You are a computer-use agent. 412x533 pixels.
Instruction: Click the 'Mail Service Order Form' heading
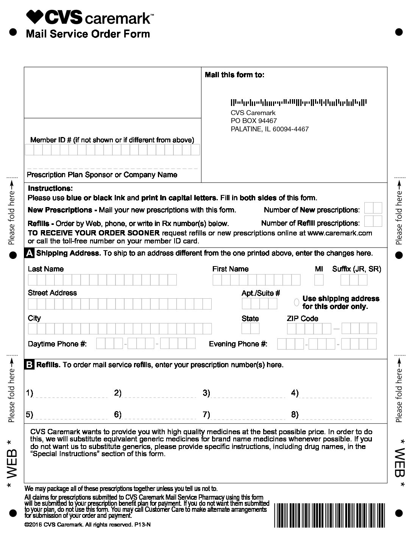point(88,34)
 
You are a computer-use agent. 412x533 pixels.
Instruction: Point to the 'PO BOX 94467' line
point(254,121)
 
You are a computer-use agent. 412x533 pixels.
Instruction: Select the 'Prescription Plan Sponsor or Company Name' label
point(102,175)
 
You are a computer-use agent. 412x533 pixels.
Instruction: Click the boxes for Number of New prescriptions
point(373,208)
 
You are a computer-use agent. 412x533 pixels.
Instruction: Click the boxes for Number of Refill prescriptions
point(373,221)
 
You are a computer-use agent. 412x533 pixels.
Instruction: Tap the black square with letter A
point(29,253)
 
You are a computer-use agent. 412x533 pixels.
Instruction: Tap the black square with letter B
point(29,365)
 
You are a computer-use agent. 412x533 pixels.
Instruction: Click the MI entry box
point(319,280)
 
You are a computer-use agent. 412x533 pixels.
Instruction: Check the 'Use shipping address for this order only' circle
point(297,302)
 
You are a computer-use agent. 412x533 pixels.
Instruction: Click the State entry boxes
point(250,328)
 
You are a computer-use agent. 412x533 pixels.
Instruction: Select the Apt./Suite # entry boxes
point(259,304)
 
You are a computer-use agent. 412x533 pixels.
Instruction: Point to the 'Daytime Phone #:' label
point(57,344)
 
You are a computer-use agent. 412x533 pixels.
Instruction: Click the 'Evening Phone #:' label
point(238,344)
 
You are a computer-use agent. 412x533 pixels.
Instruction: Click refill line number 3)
point(246,394)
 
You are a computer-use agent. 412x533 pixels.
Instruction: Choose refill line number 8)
point(335,415)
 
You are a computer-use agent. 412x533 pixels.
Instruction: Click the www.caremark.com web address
point(340,233)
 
